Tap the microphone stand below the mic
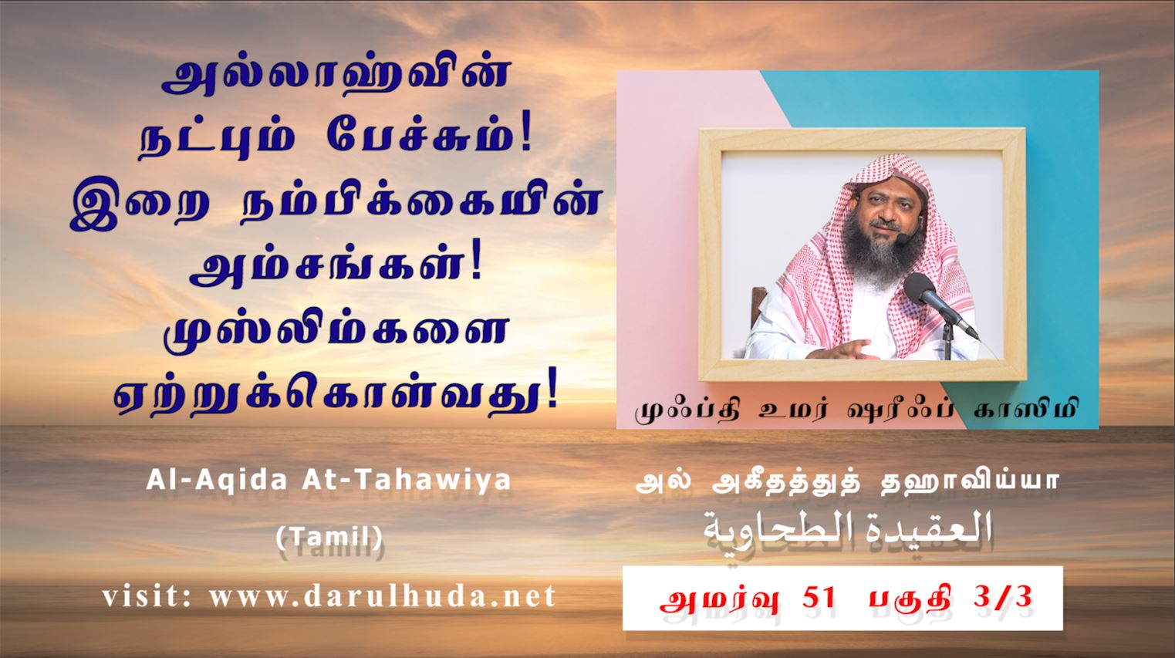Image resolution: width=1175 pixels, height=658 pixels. click(x=948, y=341)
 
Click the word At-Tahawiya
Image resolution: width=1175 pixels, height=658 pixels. click(x=407, y=481)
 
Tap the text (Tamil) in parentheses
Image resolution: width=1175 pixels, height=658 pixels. click(x=329, y=536)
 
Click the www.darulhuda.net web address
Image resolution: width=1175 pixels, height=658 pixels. click(x=383, y=596)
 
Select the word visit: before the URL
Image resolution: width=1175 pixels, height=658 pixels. click(x=147, y=596)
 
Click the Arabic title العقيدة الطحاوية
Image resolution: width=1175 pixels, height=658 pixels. click(x=846, y=529)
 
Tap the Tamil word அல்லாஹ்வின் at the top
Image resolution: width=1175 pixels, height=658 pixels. click(x=336, y=78)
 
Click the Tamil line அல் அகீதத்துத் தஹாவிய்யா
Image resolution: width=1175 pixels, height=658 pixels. click(x=846, y=482)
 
